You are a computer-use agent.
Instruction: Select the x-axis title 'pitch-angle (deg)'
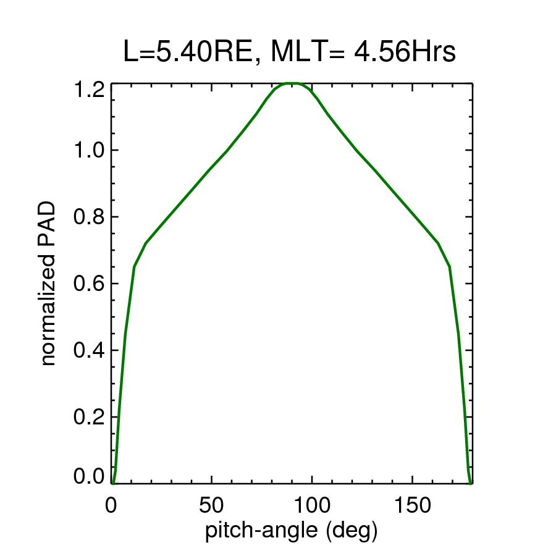(x=291, y=530)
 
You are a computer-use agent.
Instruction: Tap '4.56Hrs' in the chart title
(x=405, y=53)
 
